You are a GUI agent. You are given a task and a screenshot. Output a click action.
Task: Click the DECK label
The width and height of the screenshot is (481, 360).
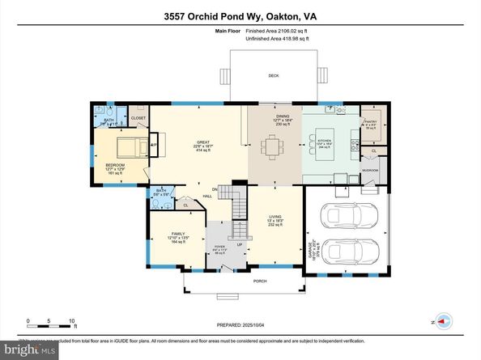pos(274,75)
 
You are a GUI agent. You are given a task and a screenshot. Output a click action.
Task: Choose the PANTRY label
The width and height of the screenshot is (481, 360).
pos(371,121)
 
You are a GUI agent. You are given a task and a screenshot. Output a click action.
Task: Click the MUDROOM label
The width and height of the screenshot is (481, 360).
pos(370,171)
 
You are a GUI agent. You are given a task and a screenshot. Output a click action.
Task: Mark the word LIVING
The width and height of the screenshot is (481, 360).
pos(275,216)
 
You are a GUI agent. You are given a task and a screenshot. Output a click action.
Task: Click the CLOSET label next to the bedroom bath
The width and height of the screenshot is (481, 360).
pos(138,118)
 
